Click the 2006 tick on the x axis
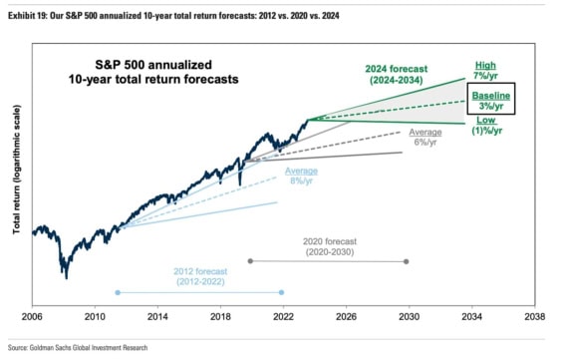(x=32, y=316)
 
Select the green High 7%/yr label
(x=484, y=71)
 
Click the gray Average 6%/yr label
(x=424, y=138)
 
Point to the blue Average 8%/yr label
(x=301, y=177)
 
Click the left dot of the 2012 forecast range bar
(x=118, y=292)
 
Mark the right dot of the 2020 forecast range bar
(x=407, y=261)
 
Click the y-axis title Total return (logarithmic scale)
(x=17, y=177)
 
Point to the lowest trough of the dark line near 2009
(x=65, y=276)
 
